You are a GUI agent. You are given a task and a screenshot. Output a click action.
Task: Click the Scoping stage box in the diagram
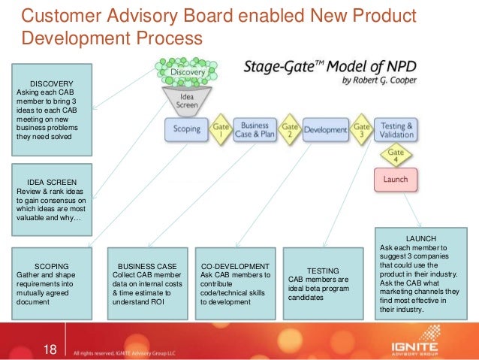[187, 129]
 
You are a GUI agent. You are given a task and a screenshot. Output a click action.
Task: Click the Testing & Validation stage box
[396, 129]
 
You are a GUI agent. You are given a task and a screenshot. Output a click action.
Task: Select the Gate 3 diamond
[361, 129]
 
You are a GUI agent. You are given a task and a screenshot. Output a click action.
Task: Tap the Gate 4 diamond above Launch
[396, 156]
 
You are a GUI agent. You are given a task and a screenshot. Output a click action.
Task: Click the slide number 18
[50, 349]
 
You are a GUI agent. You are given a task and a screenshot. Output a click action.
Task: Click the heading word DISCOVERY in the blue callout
[52, 83]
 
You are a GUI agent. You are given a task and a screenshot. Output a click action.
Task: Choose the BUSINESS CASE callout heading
[147, 266]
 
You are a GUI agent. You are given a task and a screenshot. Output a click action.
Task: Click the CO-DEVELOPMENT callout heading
[235, 266]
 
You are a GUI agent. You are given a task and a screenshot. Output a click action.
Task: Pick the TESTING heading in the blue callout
[324, 271]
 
